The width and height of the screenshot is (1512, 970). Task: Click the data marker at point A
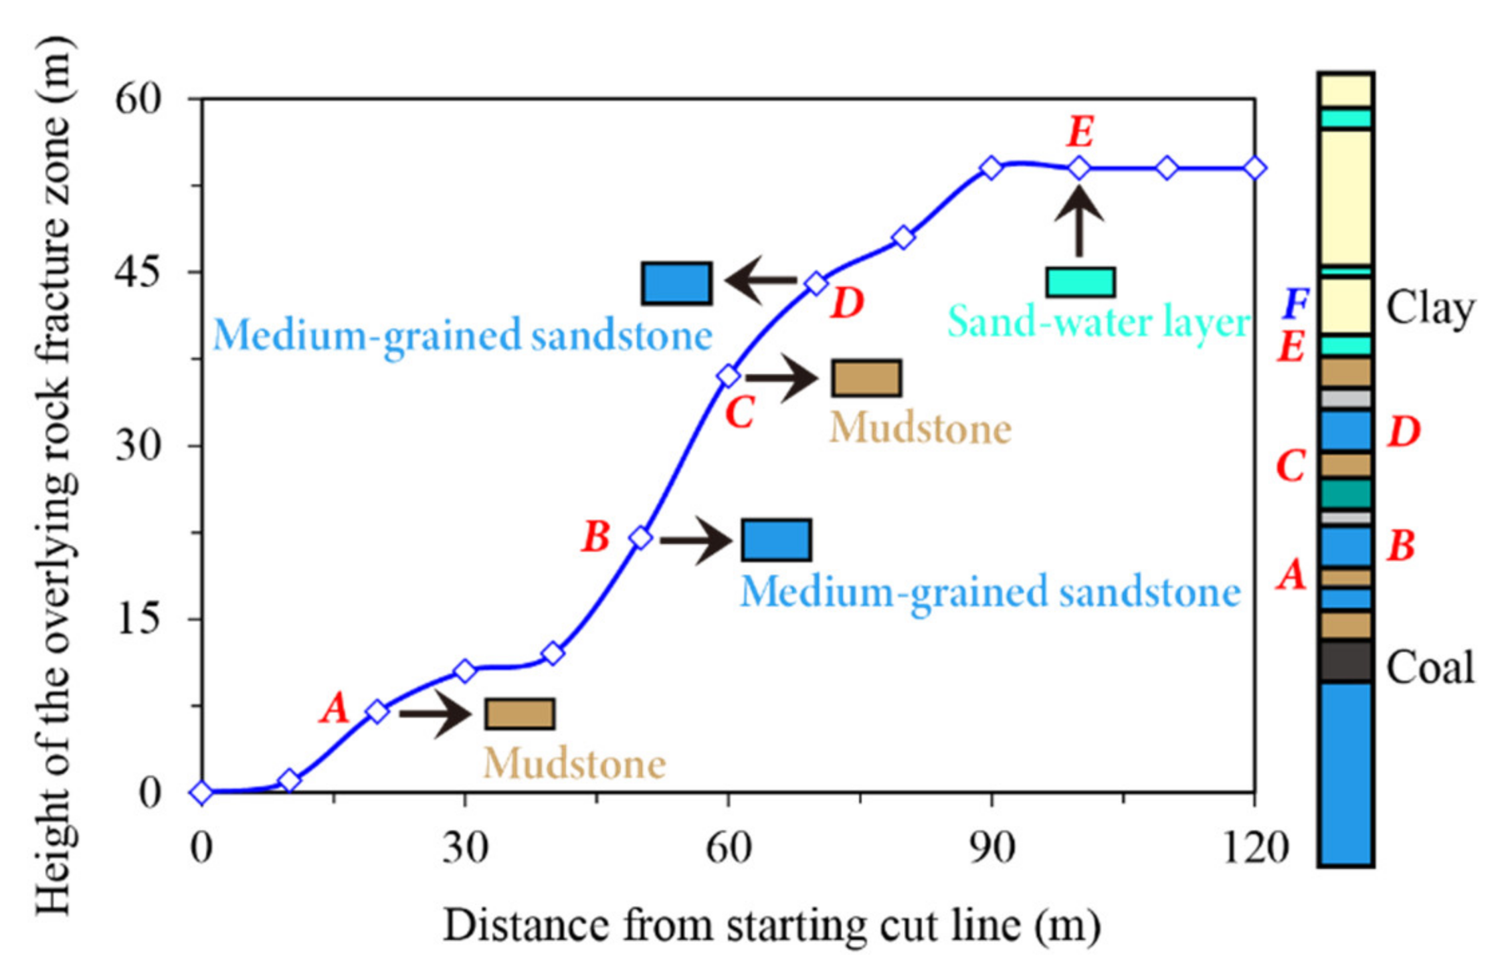pos(377,711)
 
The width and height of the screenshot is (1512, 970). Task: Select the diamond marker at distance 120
pos(1255,168)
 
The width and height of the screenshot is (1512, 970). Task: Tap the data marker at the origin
pos(201,793)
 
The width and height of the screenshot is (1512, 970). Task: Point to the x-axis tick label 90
pos(991,848)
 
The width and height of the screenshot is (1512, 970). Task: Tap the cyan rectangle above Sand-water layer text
pos(1080,282)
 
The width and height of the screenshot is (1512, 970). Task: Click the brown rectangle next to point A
pos(520,714)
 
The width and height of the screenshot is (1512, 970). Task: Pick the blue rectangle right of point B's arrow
pos(776,540)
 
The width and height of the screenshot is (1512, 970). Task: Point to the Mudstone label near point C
pos(921,429)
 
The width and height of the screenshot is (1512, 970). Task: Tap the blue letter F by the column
pos(1295,304)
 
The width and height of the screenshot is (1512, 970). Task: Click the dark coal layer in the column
pos(1346,662)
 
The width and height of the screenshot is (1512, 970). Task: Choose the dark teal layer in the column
pos(1346,494)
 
